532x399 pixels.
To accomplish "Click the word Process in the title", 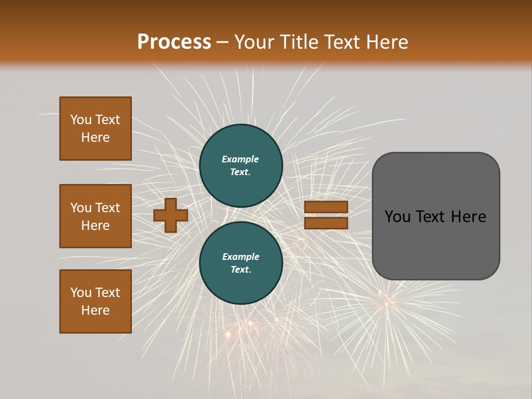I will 174,42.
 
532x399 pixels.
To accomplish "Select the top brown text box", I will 95,129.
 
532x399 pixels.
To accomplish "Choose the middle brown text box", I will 95,216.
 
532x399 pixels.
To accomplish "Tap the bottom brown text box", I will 95,301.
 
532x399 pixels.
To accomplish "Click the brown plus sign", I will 171,215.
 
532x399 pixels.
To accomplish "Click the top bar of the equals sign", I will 326,207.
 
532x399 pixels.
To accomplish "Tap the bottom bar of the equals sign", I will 326,223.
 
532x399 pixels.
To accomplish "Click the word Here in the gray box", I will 468,217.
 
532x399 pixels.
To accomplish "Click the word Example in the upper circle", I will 241,159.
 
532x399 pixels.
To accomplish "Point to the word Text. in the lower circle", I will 241,269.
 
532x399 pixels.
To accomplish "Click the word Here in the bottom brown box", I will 95,310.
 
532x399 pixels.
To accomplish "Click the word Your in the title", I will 254,42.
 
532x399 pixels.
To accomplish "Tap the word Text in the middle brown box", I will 108,208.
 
